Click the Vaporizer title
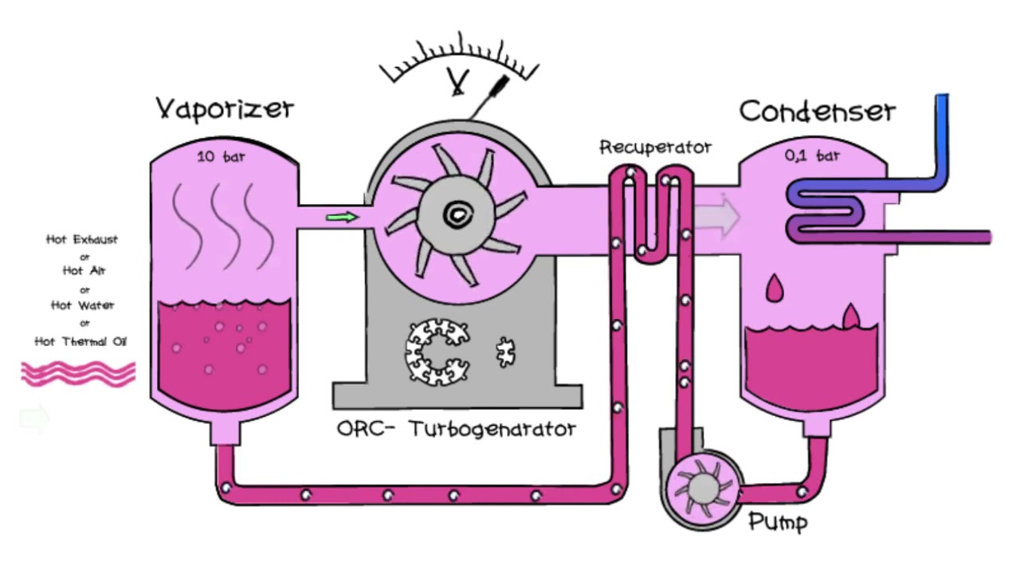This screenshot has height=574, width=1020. tap(225, 108)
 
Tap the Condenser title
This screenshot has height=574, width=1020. tap(817, 111)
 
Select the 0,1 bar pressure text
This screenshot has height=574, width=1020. tap(812, 156)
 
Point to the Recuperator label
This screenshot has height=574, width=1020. tap(655, 147)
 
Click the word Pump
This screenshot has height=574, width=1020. tap(778, 523)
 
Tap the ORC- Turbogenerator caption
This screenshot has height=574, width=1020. tap(456, 429)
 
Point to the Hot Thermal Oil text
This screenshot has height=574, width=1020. tap(80, 341)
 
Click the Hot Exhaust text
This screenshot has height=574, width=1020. tap(82, 239)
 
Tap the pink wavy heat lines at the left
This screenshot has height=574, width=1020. tap(78, 374)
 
